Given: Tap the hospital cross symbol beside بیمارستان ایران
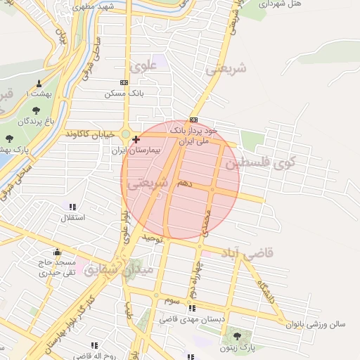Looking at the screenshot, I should [x=136, y=139].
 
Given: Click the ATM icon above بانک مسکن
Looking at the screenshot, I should [x=124, y=82].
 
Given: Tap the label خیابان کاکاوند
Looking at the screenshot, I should [x=89, y=134].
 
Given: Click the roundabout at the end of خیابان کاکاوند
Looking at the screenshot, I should [x=126, y=134].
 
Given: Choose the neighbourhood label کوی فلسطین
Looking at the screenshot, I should [x=261, y=162].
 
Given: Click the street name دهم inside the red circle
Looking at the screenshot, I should [x=185, y=183].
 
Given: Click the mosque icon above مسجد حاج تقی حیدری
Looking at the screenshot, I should [x=57, y=252].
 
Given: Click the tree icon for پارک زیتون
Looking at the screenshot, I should [x=237, y=336].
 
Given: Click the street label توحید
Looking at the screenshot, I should [x=153, y=239].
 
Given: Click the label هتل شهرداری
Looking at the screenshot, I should [x=283, y=4].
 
